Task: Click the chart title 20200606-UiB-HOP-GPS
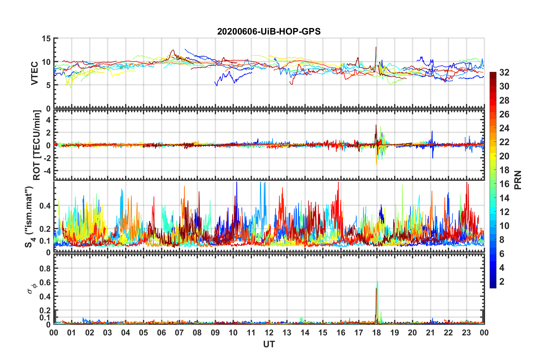pos(269,31)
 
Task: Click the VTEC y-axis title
pos(35,73)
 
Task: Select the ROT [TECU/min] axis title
pos(37,145)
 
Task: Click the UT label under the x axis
pos(269,344)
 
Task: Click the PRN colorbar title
pos(518,180)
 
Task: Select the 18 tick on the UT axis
pos(376,333)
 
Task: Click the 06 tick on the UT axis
pos(161,333)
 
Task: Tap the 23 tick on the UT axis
pos(466,333)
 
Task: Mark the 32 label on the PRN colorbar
pos(504,72)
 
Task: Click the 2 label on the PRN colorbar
pos(502,281)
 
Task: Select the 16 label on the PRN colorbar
pos(504,184)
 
